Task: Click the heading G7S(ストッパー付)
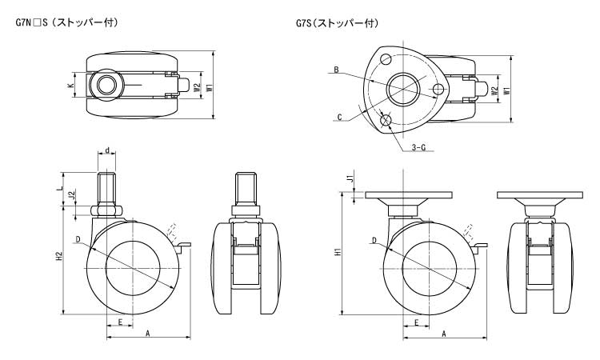337,23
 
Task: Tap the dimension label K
70,84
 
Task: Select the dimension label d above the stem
107,150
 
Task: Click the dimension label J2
72,195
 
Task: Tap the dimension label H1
339,253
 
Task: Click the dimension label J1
350,178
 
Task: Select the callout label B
336,70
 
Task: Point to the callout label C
339,117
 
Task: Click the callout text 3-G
418,148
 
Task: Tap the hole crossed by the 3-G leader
387,120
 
